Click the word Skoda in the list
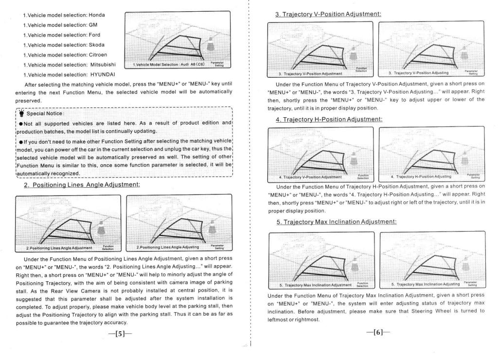(96, 45)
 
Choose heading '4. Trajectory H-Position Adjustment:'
(329, 119)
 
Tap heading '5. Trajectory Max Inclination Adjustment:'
(336, 221)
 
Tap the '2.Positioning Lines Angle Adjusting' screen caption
(168, 248)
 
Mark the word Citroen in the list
(97, 54)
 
